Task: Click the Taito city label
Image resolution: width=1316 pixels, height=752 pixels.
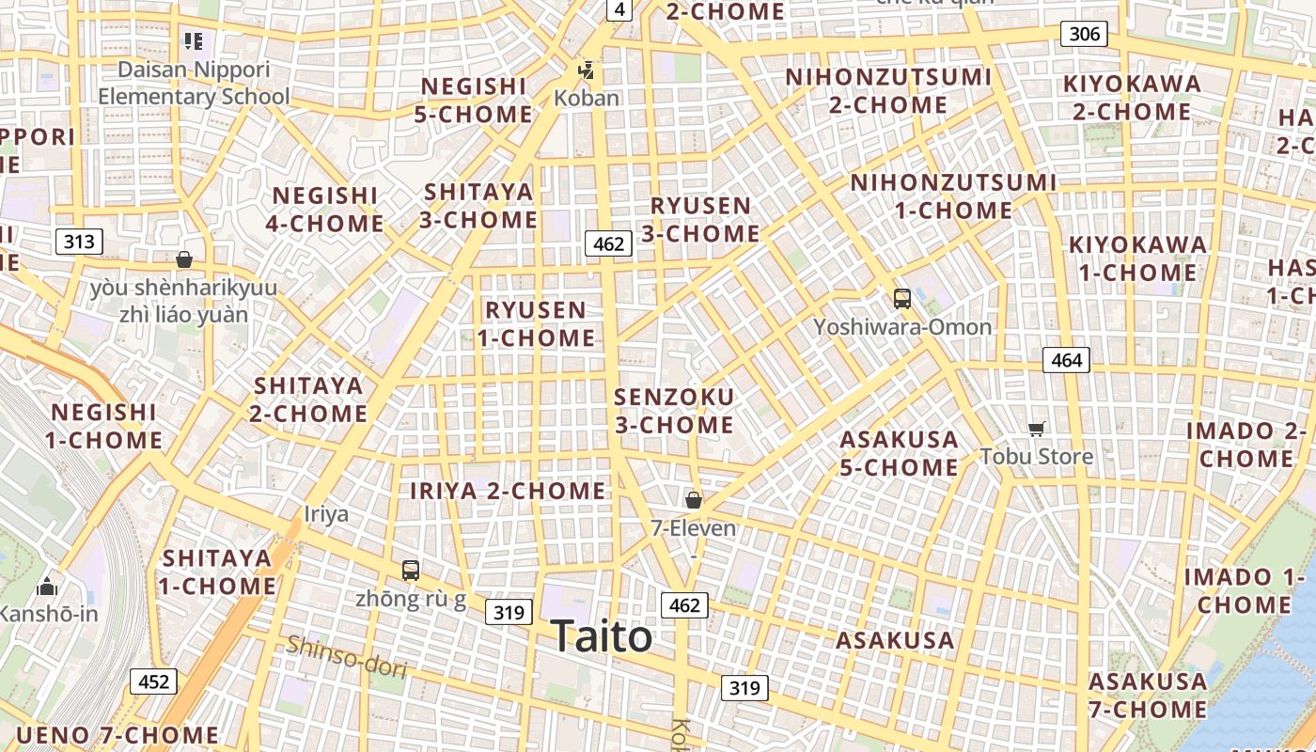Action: (x=601, y=636)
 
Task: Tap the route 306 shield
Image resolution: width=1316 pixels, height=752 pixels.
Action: (x=1084, y=35)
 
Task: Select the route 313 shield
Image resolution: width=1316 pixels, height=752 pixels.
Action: (x=79, y=242)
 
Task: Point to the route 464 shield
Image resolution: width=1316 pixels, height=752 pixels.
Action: (x=1066, y=359)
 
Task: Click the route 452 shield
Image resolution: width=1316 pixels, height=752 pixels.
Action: (x=153, y=681)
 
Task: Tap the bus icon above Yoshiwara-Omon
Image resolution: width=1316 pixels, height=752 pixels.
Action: (x=902, y=300)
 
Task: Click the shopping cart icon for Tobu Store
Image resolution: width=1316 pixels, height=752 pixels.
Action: (x=1036, y=430)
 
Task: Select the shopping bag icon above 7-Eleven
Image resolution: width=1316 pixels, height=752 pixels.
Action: (x=694, y=500)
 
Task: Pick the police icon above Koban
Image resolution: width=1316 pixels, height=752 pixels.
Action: (x=587, y=70)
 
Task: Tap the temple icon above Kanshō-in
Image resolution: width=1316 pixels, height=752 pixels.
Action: (x=46, y=588)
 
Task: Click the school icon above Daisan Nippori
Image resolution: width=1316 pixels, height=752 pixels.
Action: (x=194, y=41)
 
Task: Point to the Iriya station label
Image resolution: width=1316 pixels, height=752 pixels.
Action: (x=326, y=514)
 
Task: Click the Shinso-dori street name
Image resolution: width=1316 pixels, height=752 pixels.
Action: (x=347, y=656)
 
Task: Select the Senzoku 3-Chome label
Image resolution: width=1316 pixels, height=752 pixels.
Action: (x=674, y=411)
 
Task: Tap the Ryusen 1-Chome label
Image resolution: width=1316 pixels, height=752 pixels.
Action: (x=537, y=323)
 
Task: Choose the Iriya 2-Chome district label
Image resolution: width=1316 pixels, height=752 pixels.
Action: (x=508, y=491)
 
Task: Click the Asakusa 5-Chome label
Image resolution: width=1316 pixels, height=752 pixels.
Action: (x=899, y=453)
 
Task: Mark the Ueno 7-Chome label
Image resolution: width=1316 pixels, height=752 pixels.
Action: (x=117, y=735)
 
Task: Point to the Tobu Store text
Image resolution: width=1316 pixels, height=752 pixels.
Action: (x=1036, y=457)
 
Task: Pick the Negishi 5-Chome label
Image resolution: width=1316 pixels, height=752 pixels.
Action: (x=474, y=101)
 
